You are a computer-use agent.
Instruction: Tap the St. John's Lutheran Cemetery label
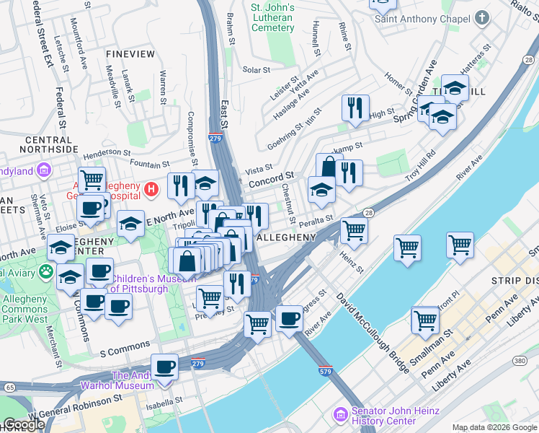point(273,17)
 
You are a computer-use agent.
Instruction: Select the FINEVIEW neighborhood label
point(130,54)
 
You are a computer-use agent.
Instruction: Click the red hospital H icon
point(151,190)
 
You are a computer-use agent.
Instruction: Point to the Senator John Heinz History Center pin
point(340,415)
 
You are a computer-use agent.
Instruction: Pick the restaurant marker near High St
point(355,108)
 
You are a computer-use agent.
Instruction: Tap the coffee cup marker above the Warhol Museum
point(164,366)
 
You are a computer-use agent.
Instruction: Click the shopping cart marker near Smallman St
point(425,320)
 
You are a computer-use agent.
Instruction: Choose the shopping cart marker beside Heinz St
point(353,231)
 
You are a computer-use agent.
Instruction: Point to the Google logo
point(24,424)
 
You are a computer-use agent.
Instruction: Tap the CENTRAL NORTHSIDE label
point(50,144)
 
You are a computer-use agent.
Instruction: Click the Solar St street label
point(256,70)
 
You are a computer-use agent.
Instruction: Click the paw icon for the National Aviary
point(46,272)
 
